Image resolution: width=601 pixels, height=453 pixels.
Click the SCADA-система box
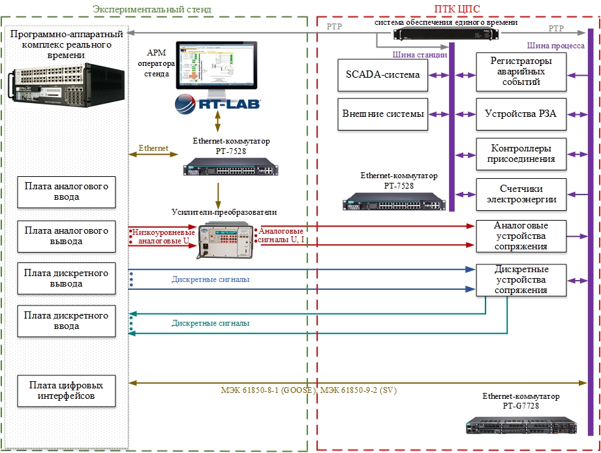[382, 74]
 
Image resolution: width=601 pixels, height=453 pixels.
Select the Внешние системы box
[383, 114]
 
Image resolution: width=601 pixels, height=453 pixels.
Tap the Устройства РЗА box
[520, 114]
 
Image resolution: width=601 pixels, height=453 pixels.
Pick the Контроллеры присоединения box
[521, 154]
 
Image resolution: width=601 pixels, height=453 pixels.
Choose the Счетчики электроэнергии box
[521, 194]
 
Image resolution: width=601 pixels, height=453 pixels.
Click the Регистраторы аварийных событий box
[521, 71]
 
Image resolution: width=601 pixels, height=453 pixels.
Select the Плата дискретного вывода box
[67, 279]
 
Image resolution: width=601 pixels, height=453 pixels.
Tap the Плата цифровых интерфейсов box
[67, 390]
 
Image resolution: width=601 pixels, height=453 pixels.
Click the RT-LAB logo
[217, 103]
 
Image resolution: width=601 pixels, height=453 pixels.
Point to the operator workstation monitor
[217, 65]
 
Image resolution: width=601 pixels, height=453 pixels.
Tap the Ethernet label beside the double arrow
[153, 148]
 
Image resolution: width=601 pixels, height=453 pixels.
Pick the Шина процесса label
[556, 46]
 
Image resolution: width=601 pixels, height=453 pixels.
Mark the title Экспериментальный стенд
[152, 9]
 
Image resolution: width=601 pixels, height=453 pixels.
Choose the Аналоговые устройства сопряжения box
[521, 236]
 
